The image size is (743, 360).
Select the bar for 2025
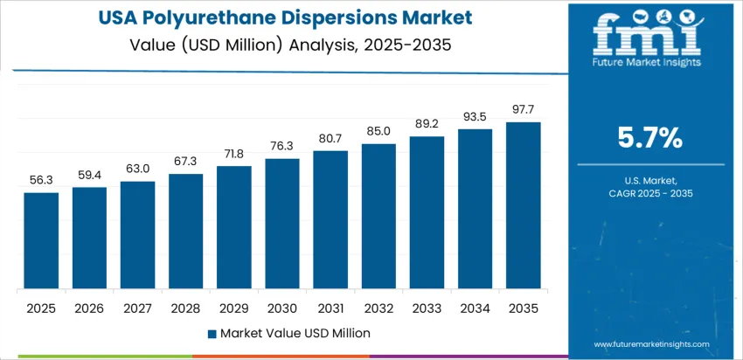(x=41, y=240)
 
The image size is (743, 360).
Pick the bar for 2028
(x=186, y=231)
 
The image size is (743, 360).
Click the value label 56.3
(x=41, y=180)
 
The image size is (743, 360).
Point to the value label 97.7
(x=524, y=109)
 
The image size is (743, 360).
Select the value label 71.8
(x=234, y=153)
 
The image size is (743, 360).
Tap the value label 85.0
(x=378, y=130)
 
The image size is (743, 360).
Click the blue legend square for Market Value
(x=211, y=333)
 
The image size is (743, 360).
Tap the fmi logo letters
(x=646, y=36)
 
